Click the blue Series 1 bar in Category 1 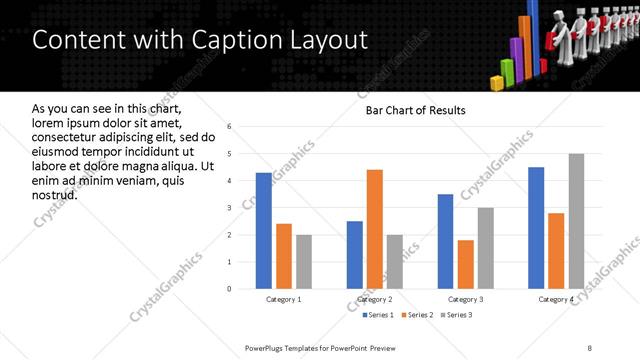[x=263, y=231]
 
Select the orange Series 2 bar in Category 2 [x=375, y=229]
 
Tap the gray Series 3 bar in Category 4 [x=576, y=221]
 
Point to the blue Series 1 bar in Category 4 [x=536, y=228]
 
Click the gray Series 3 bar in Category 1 [x=303, y=262]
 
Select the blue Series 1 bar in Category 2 [x=354, y=255]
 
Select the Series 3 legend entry [x=457, y=316]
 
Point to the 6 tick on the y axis [x=229, y=127]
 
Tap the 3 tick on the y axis [x=229, y=208]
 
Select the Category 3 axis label [x=465, y=300]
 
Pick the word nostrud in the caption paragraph [x=54, y=194]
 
